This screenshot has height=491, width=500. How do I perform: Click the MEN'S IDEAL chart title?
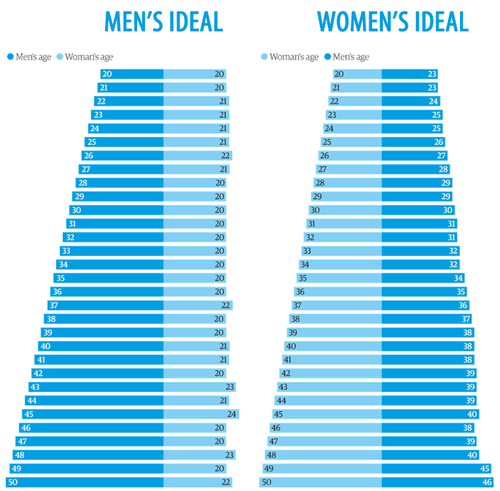(164, 21)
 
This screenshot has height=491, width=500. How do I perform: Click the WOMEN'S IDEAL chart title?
(393, 21)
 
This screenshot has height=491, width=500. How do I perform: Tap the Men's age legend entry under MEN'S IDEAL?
(29, 57)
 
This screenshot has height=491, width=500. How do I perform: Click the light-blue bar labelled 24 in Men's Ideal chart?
(201, 414)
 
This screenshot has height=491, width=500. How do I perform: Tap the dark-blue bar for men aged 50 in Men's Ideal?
(85, 482)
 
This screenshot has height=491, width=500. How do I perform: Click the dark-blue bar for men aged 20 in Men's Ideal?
(132, 74)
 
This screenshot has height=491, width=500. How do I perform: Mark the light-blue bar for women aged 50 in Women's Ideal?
(320, 482)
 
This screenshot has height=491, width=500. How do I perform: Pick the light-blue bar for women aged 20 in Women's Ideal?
(357, 74)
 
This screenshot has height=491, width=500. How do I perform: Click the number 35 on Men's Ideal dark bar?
(60, 278)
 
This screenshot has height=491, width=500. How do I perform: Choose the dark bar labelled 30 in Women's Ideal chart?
(418, 210)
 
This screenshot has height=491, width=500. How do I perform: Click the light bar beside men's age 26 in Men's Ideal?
(197, 156)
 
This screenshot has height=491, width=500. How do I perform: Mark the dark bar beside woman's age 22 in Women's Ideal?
(411, 101)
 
